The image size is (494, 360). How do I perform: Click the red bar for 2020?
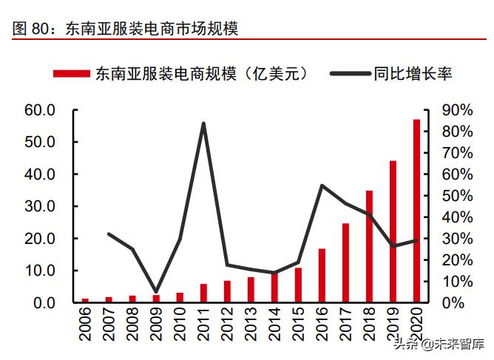(416, 211)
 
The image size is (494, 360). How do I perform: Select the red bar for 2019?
(393, 231)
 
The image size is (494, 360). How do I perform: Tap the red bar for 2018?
(369, 246)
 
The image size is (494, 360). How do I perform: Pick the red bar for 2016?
(322, 275)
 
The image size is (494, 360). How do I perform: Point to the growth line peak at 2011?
(203, 123)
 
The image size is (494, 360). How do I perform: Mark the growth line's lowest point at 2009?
(156, 292)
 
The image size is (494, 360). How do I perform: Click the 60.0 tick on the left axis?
(40, 110)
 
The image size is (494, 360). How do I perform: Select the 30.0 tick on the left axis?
(40, 206)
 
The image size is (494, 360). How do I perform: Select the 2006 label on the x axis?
(85, 325)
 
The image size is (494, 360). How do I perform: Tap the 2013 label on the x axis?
(251, 325)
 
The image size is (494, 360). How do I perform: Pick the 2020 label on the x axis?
(416, 325)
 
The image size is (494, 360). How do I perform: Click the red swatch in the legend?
(70, 73)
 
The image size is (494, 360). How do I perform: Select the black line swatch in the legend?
(348, 73)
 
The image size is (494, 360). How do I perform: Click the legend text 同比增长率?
(413, 73)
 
